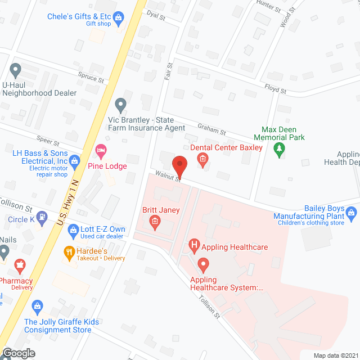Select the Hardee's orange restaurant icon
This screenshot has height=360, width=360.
click(70, 252)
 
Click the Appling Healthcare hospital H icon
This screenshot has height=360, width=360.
click(194, 245)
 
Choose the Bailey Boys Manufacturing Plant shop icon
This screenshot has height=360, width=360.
click(352, 213)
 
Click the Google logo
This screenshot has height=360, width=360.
click(18, 353)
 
